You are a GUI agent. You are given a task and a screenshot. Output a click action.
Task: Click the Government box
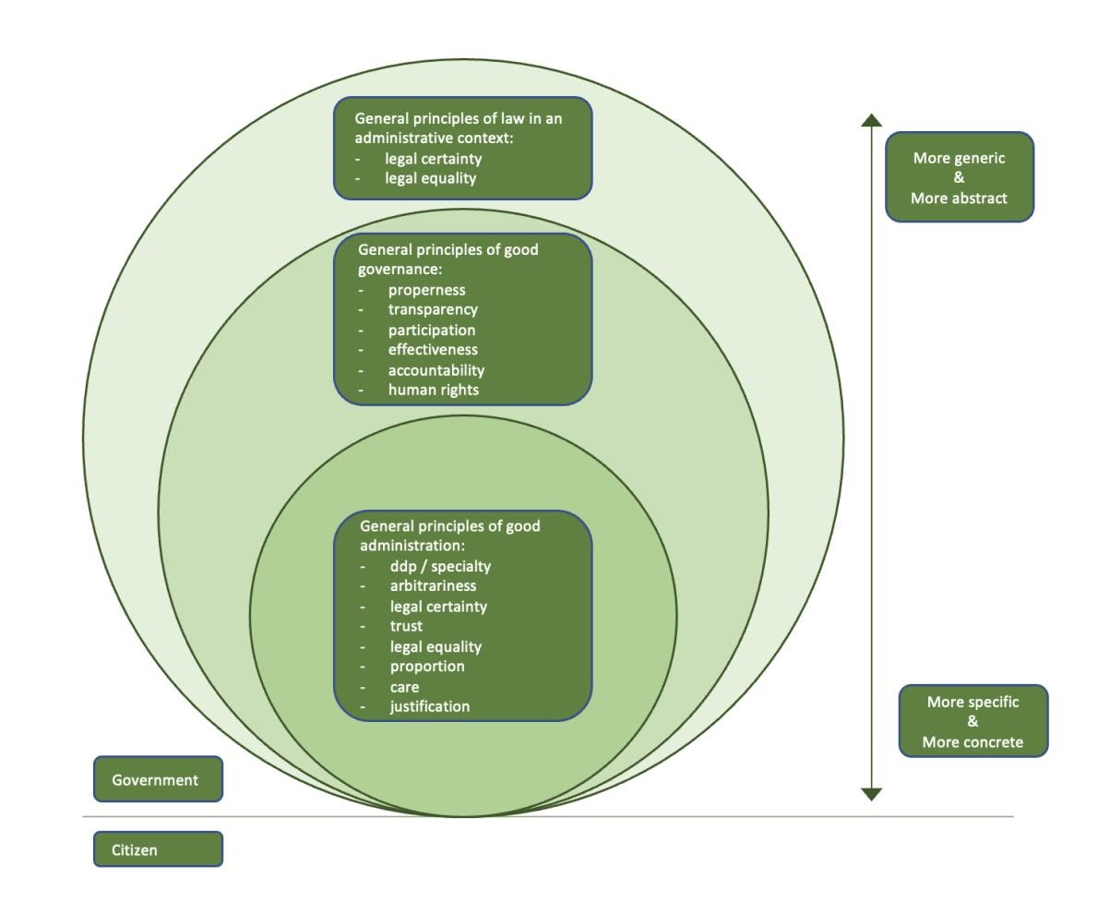coord(158,779)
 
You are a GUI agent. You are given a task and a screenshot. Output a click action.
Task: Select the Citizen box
coord(158,849)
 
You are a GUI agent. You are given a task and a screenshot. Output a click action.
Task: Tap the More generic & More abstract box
coord(959,177)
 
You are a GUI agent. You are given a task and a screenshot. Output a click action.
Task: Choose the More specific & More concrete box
coord(973,721)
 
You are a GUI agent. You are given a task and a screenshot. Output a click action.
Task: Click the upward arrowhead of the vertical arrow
coord(872,120)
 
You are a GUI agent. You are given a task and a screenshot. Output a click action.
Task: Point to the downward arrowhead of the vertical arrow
coord(872,793)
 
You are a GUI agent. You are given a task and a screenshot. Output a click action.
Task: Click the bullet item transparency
coord(433,309)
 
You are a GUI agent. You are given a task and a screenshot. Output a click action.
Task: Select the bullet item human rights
coord(433,390)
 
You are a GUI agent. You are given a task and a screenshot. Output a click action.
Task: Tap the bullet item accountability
coord(436,369)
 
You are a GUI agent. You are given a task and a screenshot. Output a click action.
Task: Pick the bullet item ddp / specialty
coord(440,566)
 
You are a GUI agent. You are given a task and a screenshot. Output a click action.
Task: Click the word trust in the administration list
coord(406,626)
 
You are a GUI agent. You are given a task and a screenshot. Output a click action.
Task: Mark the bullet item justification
coord(429,706)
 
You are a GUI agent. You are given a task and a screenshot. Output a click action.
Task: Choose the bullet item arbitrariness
coord(433,585)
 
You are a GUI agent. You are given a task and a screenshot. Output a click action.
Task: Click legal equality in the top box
coord(430,178)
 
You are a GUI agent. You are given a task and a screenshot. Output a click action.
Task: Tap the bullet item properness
coord(426,290)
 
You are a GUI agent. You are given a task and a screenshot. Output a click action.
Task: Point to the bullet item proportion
coord(427,666)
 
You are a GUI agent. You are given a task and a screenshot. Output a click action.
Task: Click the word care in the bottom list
coord(404,687)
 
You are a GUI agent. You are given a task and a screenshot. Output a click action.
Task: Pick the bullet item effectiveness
coord(433,349)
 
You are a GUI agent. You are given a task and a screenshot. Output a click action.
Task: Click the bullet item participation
coord(432,330)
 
